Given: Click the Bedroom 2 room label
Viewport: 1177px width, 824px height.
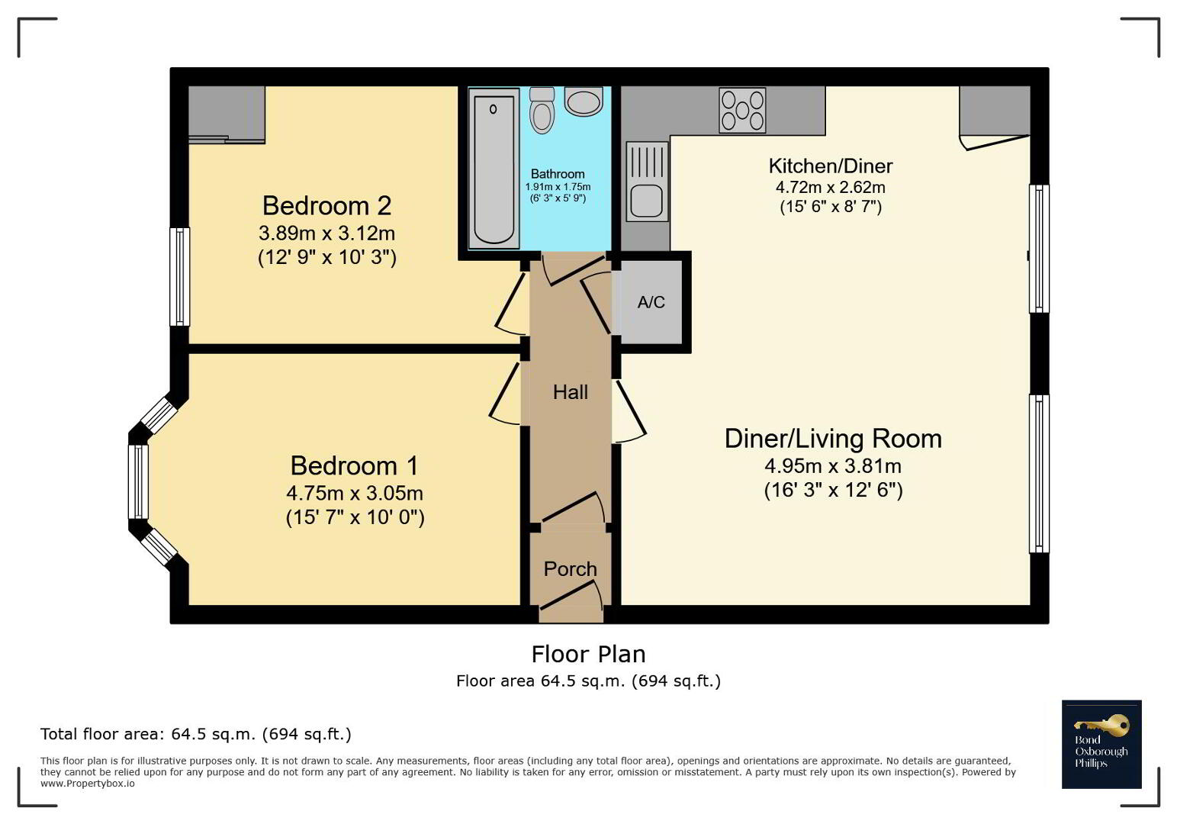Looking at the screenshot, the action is pyautogui.click(x=326, y=205).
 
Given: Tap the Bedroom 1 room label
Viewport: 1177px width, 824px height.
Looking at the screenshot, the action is pyautogui.click(x=355, y=465).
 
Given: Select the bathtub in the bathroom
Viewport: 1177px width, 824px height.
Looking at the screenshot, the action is pyautogui.click(x=494, y=168).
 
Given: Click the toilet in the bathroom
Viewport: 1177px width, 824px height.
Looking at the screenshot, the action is pyautogui.click(x=542, y=110).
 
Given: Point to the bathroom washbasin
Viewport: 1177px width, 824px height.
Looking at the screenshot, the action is pyautogui.click(x=584, y=101).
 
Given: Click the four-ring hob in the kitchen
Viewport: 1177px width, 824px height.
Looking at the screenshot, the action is pyautogui.click(x=742, y=111).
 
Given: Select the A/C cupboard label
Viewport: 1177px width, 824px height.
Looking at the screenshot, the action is pyautogui.click(x=651, y=302).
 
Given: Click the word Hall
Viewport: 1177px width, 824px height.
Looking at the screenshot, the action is pyautogui.click(x=570, y=392).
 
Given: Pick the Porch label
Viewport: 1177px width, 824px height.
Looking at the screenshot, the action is pyautogui.click(x=570, y=569).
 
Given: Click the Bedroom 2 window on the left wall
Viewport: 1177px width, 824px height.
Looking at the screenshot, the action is pyautogui.click(x=180, y=276).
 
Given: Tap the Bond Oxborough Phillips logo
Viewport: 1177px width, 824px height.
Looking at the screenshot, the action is pyautogui.click(x=1101, y=744).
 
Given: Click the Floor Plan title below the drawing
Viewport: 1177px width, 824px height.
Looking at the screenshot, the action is pyautogui.click(x=588, y=655).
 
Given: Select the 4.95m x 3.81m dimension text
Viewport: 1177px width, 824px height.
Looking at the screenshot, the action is pyautogui.click(x=833, y=466).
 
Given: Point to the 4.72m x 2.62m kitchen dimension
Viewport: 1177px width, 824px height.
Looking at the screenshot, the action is pyautogui.click(x=830, y=188).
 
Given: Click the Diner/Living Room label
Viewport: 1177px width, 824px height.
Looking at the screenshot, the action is pyautogui.click(x=833, y=439).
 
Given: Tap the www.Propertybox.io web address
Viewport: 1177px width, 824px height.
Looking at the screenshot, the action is pyautogui.click(x=88, y=784).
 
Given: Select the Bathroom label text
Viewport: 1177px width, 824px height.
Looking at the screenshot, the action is pyautogui.click(x=558, y=174).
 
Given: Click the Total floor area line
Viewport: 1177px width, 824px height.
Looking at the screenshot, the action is pyautogui.click(x=196, y=734).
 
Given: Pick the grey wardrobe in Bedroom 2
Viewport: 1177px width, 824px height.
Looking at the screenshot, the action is pyautogui.click(x=227, y=114).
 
